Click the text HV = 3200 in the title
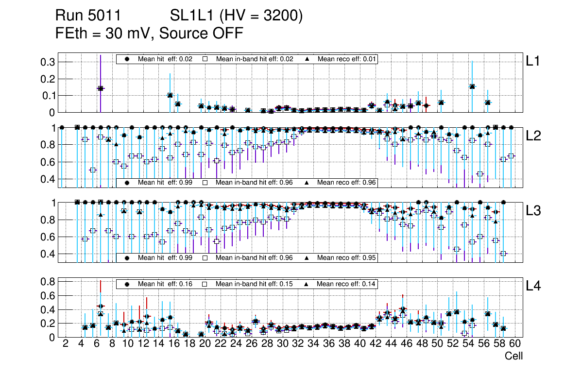[x=262, y=16]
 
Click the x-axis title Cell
[x=513, y=356]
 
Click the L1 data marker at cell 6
[x=101, y=88]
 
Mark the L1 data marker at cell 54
[x=472, y=86]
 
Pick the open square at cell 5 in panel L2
[x=93, y=170]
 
